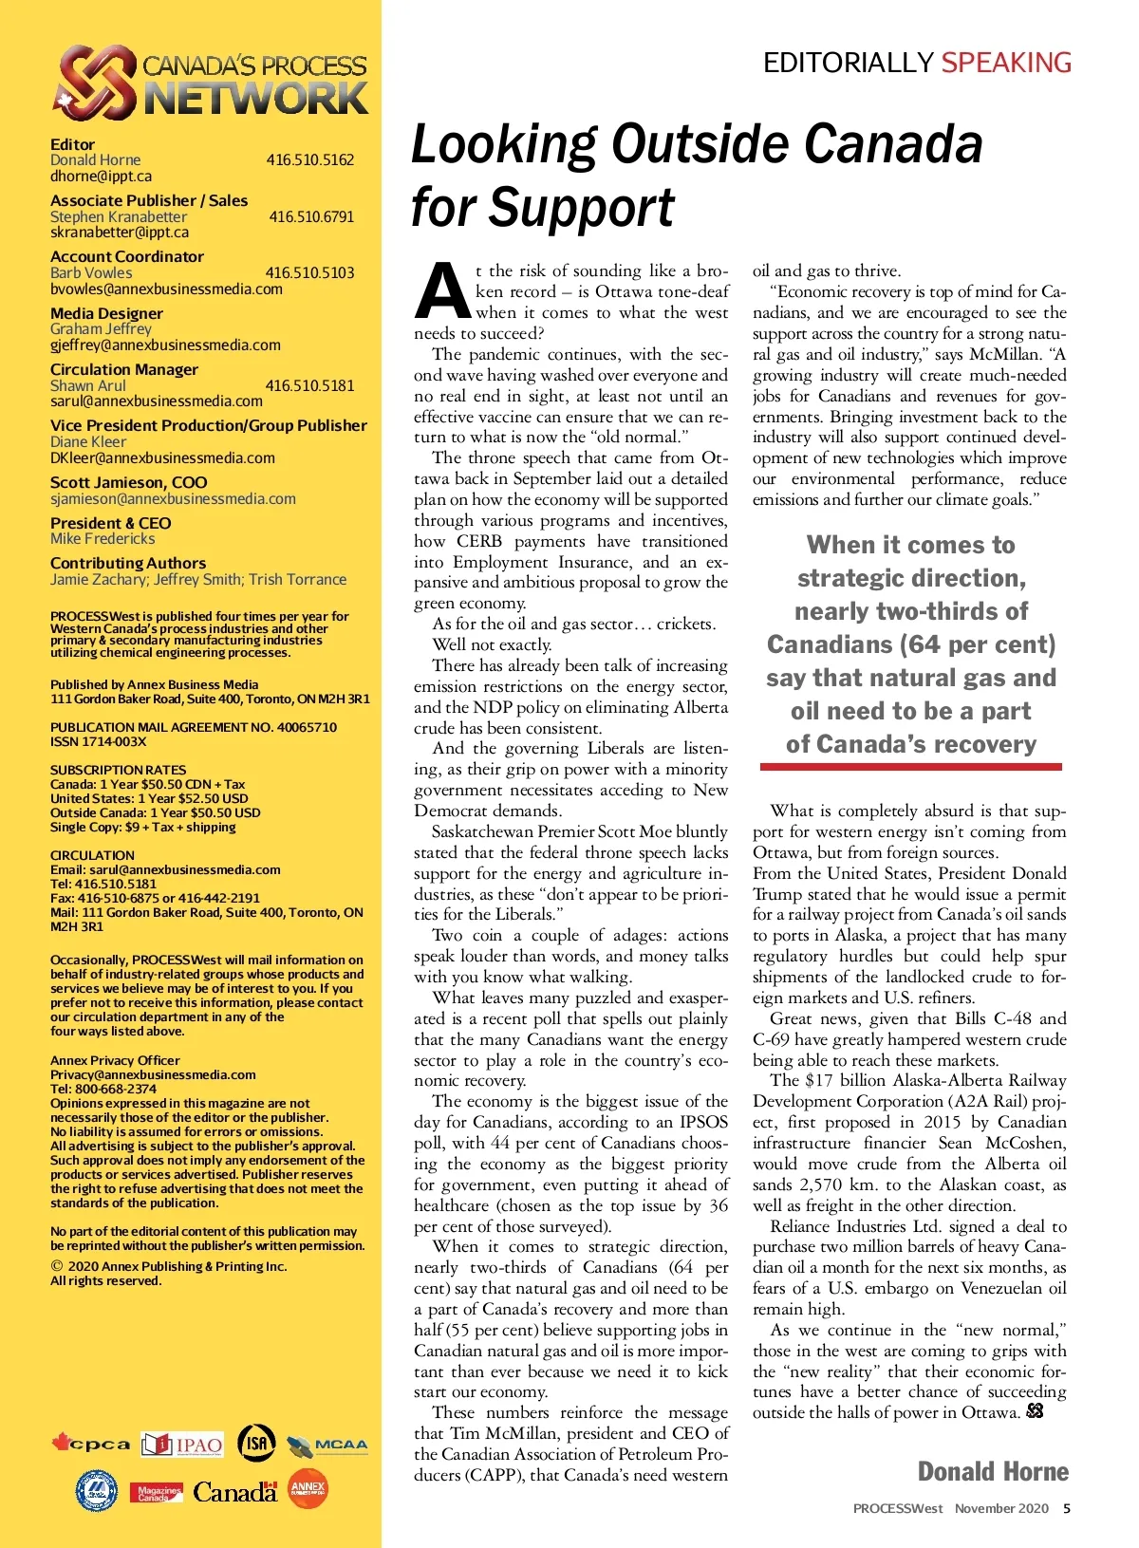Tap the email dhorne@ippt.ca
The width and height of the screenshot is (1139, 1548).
tap(101, 177)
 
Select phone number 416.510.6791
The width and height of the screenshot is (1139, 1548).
tap(311, 216)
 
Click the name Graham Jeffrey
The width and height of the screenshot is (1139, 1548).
tap(101, 328)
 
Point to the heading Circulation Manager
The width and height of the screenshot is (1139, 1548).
tap(124, 369)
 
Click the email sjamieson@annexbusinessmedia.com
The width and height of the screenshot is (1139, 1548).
tap(173, 498)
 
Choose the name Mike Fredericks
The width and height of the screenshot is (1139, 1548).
tap(103, 538)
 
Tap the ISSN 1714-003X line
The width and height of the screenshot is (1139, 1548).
tap(99, 741)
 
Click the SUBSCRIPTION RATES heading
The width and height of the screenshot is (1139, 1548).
tap(118, 770)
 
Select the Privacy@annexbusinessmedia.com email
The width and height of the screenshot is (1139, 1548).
tap(153, 1074)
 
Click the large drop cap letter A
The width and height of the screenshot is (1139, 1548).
tap(442, 290)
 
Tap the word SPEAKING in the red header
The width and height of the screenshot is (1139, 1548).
tap(1006, 63)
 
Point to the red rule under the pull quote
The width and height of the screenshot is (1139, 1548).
tap(910, 766)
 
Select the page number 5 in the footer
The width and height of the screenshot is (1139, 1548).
tap(1067, 1508)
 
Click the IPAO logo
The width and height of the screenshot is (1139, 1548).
tap(182, 1445)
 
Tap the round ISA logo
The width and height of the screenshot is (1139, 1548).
tap(256, 1443)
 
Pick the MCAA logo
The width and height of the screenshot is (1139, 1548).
tap(327, 1446)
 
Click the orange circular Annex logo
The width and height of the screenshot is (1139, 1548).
tap(308, 1489)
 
